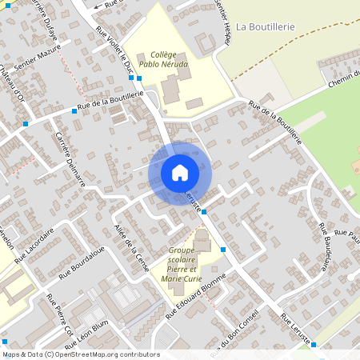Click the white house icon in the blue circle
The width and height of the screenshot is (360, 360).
pos(180,173)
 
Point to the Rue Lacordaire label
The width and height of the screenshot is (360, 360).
pos(34,242)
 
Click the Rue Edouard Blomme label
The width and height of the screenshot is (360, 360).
pos(198,297)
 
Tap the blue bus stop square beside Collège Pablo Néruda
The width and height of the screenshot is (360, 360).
pos(140,78)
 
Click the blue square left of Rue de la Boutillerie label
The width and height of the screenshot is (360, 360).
pos(74,110)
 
